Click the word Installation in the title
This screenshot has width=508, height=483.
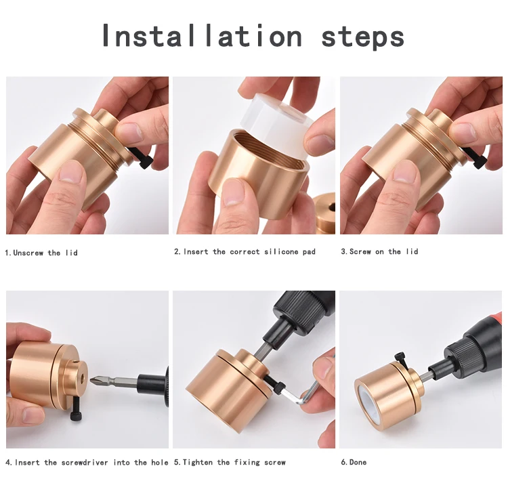tap(202, 35)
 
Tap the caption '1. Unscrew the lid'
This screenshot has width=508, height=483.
tap(41, 253)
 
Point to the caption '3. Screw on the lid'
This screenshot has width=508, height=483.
tap(379, 252)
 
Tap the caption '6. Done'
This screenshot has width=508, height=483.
tap(354, 462)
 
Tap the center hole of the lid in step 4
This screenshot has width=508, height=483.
tap(82, 377)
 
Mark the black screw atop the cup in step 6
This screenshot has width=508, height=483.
tap(400, 360)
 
